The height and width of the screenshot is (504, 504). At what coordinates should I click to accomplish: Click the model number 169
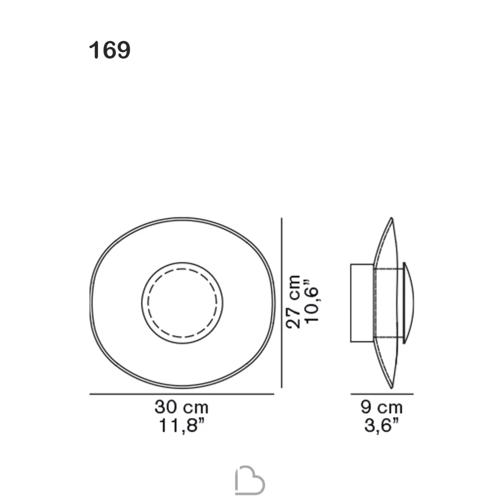tap(109, 50)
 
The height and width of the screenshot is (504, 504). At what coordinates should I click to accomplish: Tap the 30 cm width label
tap(181, 407)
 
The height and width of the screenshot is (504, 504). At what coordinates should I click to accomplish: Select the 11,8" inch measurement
tap(182, 426)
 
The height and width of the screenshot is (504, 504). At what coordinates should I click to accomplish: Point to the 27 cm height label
tap(293, 302)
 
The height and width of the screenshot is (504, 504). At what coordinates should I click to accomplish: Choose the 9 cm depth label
tap(382, 407)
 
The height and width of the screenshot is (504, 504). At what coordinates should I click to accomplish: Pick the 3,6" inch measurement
tap(382, 426)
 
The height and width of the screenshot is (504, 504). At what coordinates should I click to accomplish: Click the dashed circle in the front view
tap(182, 269)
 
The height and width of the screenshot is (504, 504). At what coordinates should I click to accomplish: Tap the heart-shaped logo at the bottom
tap(250, 480)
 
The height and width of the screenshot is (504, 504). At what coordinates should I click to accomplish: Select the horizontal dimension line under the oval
tap(181, 394)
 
